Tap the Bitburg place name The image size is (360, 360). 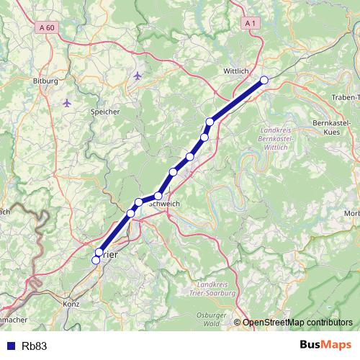[x=45, y=81]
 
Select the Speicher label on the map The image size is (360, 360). [x=105, y=112]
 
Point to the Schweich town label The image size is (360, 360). [x=163, y=204]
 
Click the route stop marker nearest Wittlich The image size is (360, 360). [x=264, y=80]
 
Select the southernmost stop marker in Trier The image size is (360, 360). [x=96, y=261]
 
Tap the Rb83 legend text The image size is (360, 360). [x=35, y=346]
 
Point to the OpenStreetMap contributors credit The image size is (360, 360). [x=297, y=322]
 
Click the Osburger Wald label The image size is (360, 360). [x=212, y=320]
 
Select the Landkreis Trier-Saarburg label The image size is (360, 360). [x=216, y=290]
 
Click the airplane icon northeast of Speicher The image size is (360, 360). [x=138, y=75]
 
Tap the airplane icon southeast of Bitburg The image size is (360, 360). [x=68, y=103]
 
